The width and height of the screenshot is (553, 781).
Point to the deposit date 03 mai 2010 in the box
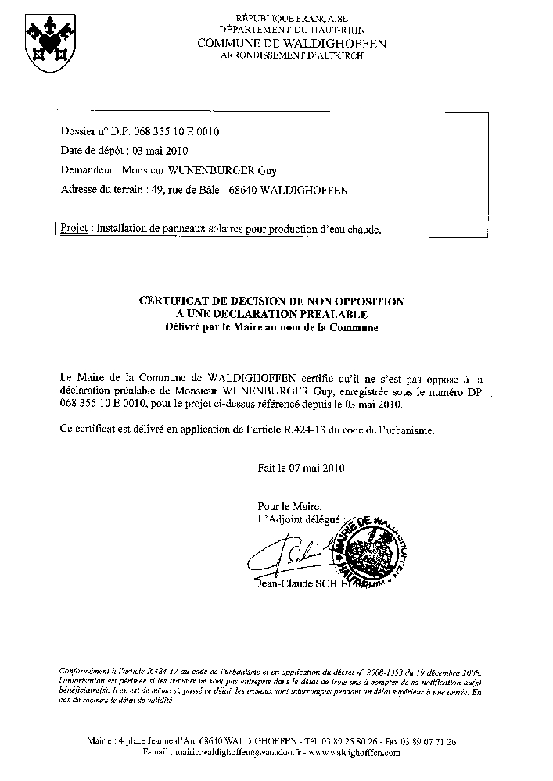click(160, 151)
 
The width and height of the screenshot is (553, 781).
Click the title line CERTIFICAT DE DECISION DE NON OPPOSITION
click(271, 301)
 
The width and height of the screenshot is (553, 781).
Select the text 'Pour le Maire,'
click(289, 505)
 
